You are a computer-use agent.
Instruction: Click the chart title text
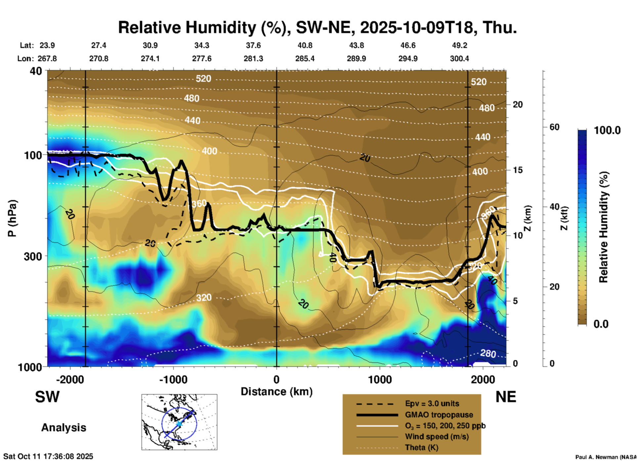317,27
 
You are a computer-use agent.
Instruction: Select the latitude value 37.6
253,45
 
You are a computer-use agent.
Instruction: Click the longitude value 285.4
305,59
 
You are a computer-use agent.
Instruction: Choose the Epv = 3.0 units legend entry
432,404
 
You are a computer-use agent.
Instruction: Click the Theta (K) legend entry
421,447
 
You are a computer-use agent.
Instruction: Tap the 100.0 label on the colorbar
607,130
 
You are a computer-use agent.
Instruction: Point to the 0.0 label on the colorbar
601,324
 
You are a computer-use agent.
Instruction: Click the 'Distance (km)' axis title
276,392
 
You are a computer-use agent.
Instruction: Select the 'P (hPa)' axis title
12,218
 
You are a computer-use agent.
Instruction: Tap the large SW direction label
47,397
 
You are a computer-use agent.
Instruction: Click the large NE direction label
506,397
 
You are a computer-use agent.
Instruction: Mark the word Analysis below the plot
64,428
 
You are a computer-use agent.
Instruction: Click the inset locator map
179,422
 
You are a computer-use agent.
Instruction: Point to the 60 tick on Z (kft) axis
554,127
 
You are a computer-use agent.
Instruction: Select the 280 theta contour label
488,354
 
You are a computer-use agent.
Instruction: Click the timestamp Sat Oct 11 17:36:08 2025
48,456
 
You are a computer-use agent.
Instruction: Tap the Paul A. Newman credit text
606,457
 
